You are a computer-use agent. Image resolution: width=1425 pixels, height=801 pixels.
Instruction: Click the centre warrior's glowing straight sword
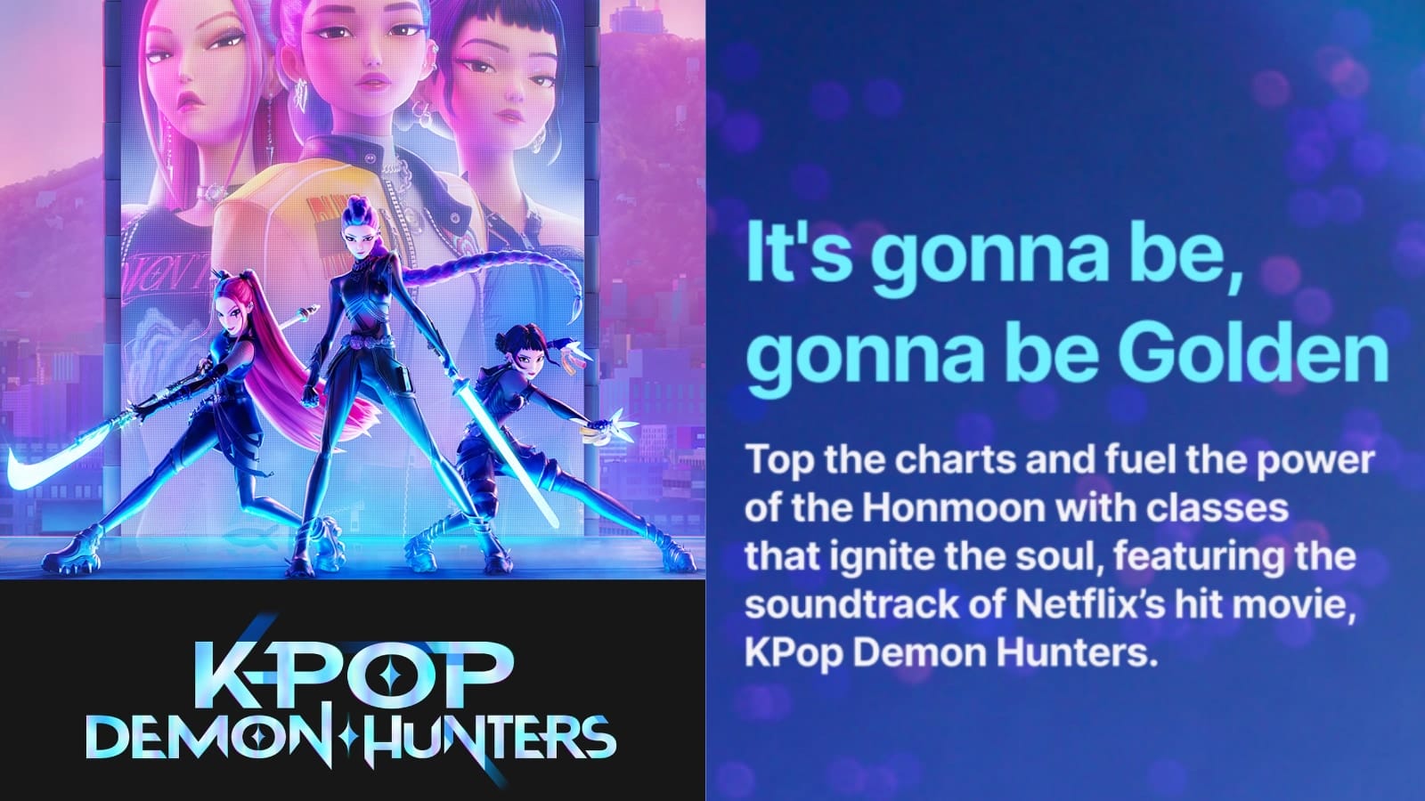(506, 457)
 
